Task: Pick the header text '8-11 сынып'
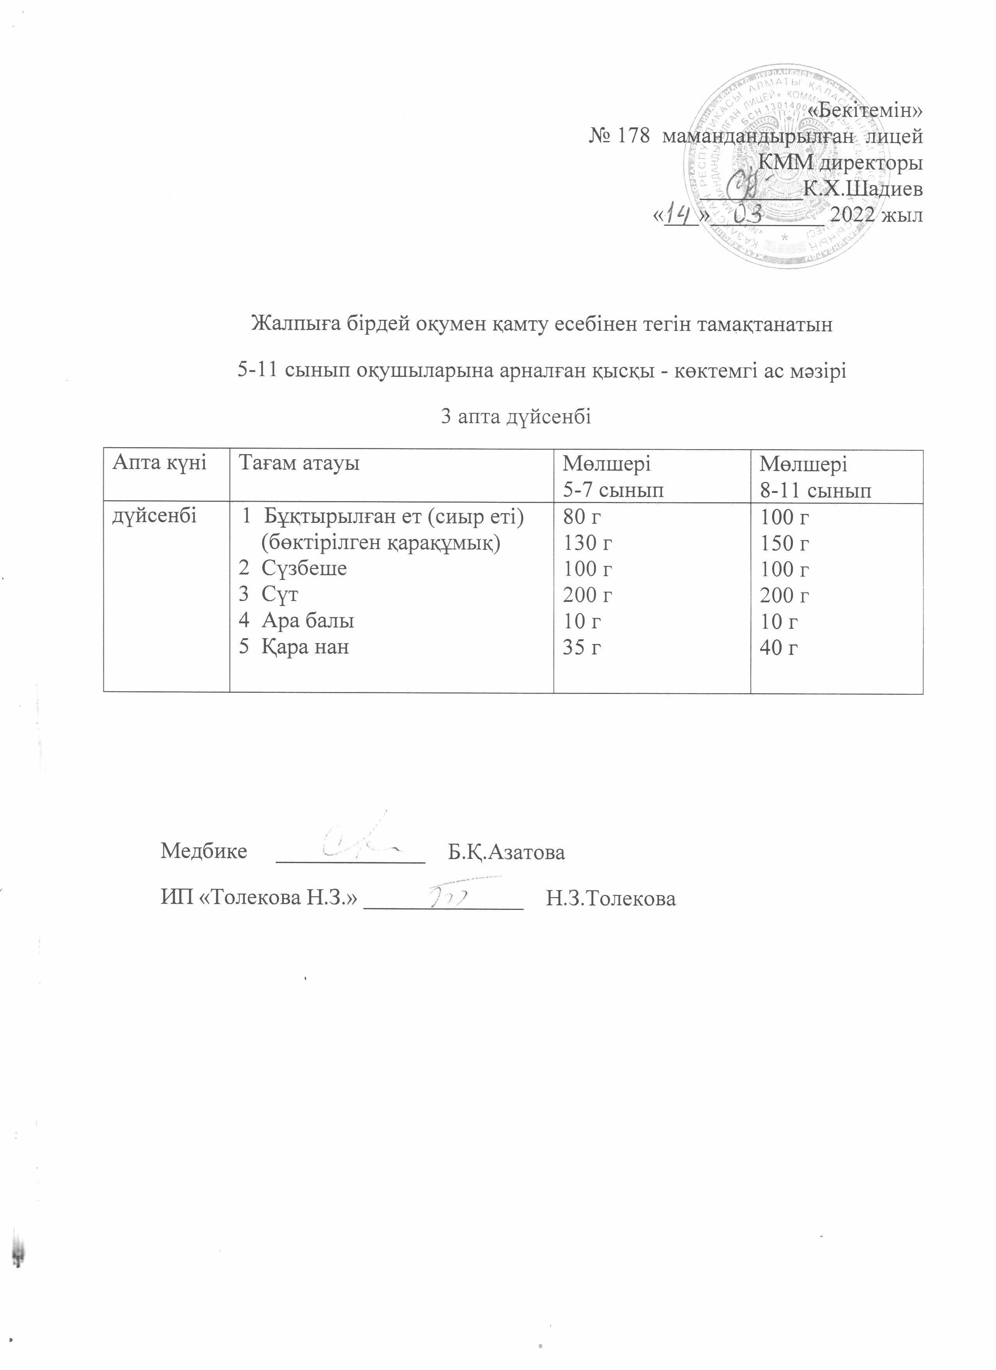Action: coord(816,491)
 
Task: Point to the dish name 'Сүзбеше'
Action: coord(304,568)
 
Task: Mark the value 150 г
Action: coord(785,543)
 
